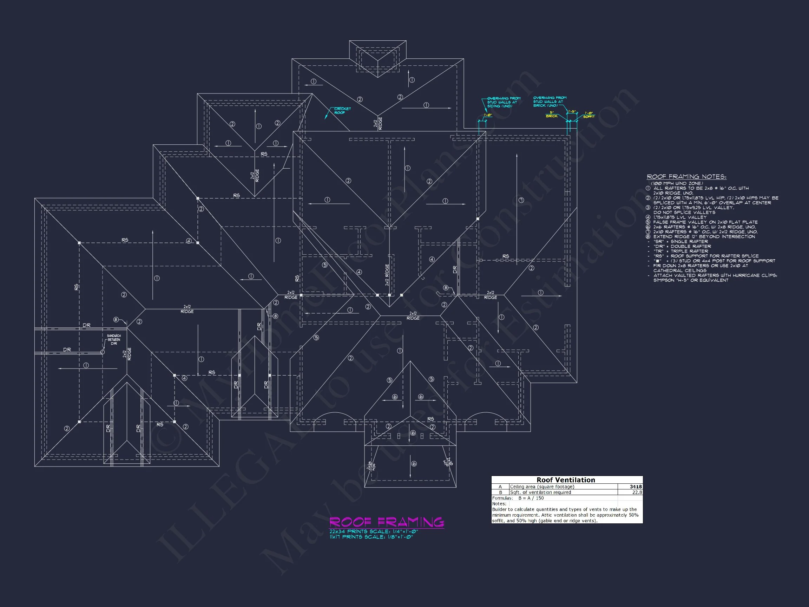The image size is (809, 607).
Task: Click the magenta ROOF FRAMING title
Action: click(x=387, y=522)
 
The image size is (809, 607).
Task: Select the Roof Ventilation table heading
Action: click(x=565, y=480)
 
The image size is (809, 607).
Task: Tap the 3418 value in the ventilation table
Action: click(x=635, y=487)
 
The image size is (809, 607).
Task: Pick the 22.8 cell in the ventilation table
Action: click(x=637, y=492)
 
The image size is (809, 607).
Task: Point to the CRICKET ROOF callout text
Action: click(x=342, y=111)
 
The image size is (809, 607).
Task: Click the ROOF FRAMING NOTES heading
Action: click(x=686, y=177)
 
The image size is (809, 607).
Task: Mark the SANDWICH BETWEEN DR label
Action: click(x=114, y=340)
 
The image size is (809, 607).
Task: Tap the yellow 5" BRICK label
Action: click(x=552, y=115)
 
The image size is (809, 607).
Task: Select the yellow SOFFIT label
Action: click(x=589, y=117)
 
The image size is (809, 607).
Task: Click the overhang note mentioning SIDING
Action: click(x=503, y=102)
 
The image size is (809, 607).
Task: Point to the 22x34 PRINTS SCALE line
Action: click(x=373, y=531)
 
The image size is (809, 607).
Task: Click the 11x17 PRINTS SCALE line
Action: click(x=371, y=537)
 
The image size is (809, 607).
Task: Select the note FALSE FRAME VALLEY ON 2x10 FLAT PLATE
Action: click(x=705, y=222)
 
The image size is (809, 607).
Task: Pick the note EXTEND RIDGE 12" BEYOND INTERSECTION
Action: click(x=704, y=237)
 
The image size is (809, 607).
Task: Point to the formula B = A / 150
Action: click(x=531, y=498)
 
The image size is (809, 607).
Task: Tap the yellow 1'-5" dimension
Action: click(x=572, y=112)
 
